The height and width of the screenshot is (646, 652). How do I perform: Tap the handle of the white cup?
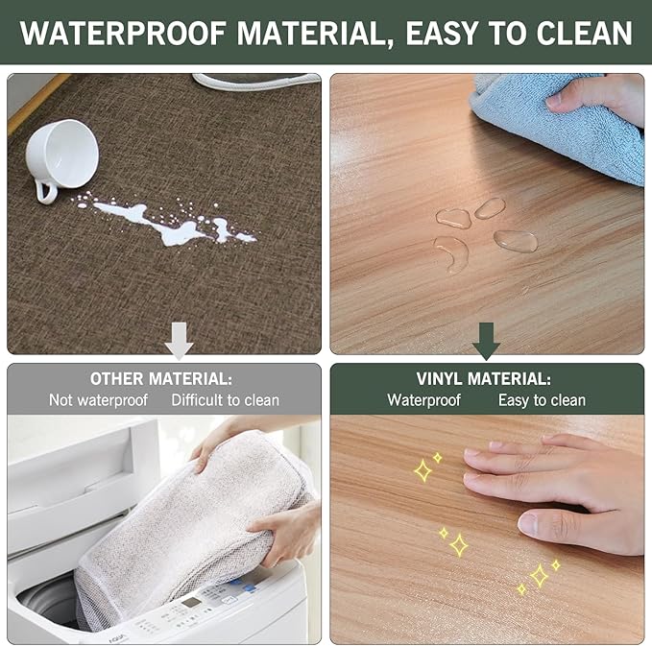tap(45, 190)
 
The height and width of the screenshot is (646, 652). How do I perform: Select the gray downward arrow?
tap(179, 340)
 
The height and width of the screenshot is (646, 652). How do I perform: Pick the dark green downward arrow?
tap(486, 340)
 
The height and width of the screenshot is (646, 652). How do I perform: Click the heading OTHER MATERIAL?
tap(161, 378)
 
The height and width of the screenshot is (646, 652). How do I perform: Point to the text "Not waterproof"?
tap(98, 400)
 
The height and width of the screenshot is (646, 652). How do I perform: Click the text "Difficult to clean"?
tap(226, 400)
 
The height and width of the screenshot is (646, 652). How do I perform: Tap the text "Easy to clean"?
tap(542, 400)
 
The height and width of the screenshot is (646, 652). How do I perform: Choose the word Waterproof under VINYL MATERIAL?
tap(423, 400)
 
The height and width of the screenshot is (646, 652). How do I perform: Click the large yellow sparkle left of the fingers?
tap(423, 470)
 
